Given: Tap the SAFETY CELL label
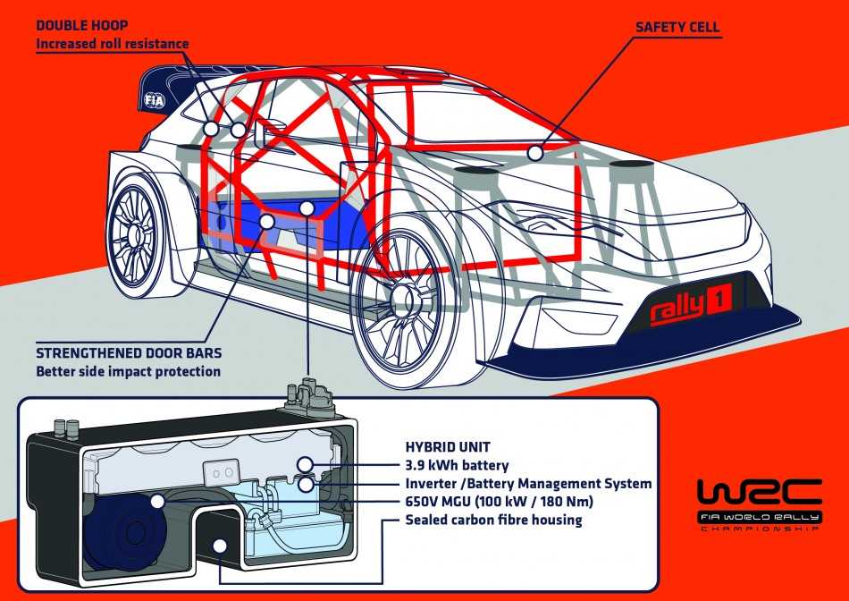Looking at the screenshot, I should tap(677, 27).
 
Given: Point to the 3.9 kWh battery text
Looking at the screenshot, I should tap(458, 465).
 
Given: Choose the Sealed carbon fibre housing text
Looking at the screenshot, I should tap(494, 519).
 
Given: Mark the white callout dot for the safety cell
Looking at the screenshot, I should tap(534, 153).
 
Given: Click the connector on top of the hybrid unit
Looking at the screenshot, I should tap(311, 394).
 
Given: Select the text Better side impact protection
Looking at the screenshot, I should tap(128, 370).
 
